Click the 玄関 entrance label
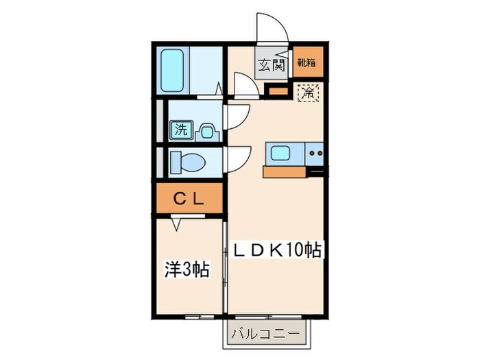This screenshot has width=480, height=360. pos(271,66)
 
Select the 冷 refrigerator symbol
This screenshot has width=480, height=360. pos(307,90)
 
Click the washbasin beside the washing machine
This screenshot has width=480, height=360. pos(206,130)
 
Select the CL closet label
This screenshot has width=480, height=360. pos(188,200)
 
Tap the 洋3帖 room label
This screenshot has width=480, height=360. pos(186,269)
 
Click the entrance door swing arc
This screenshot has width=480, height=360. pos(271,27)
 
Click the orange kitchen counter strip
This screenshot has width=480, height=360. pos(285,172)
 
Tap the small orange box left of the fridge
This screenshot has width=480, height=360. pos(276,90)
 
